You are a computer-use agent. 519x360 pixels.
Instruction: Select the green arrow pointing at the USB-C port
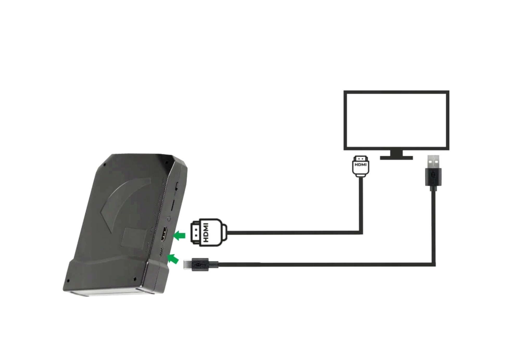pos(173,259)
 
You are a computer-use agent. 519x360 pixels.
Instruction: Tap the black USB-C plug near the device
pos(200,264)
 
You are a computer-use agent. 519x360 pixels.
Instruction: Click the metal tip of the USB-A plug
pos(433,162)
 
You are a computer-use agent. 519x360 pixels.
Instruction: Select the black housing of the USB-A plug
pos(433,177)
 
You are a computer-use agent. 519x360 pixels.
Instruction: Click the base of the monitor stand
pos(396,158)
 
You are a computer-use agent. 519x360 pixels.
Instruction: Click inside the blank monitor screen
pos(396,120)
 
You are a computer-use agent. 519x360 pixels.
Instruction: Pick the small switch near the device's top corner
pos(177,187)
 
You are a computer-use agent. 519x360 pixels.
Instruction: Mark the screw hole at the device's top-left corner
pos(104,165)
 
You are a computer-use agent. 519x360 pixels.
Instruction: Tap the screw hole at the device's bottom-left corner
pos(68,281)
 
